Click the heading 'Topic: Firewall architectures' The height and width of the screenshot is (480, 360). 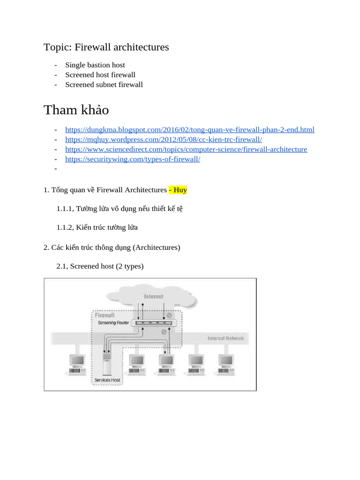click(x=106, y=47)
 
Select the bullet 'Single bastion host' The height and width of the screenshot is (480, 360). click(x=95, y=65)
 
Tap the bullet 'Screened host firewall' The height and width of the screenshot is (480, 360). click(x=100, y=75)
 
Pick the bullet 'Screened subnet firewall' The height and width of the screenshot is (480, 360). click(x=104, y=85)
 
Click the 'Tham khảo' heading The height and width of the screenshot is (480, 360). click(x=76, y=110)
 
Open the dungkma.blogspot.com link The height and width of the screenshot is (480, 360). click(x=190, y=130)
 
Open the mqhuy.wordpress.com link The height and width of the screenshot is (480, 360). click(x=164, y=140)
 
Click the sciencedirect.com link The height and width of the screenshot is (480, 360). click(x=186, y=150)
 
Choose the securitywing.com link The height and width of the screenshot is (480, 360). click(x=133, y=159)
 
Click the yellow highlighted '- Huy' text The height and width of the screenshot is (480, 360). click(x=178, y=190)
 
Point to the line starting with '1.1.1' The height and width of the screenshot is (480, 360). click(x=120, y=209)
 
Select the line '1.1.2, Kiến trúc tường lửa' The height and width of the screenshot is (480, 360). click(x=97, y=227)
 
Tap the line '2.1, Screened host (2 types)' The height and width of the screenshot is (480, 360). click(x=100, y=266)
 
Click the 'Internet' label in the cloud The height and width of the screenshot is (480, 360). click(x=154, y=296)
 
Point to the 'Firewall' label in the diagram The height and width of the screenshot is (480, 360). click(x=105, y=315)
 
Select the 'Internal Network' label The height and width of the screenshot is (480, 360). click(x=225, y=338)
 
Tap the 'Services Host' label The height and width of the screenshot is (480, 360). click(x=107, y=380)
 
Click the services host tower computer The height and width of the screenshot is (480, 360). click(x=107, y=366)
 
